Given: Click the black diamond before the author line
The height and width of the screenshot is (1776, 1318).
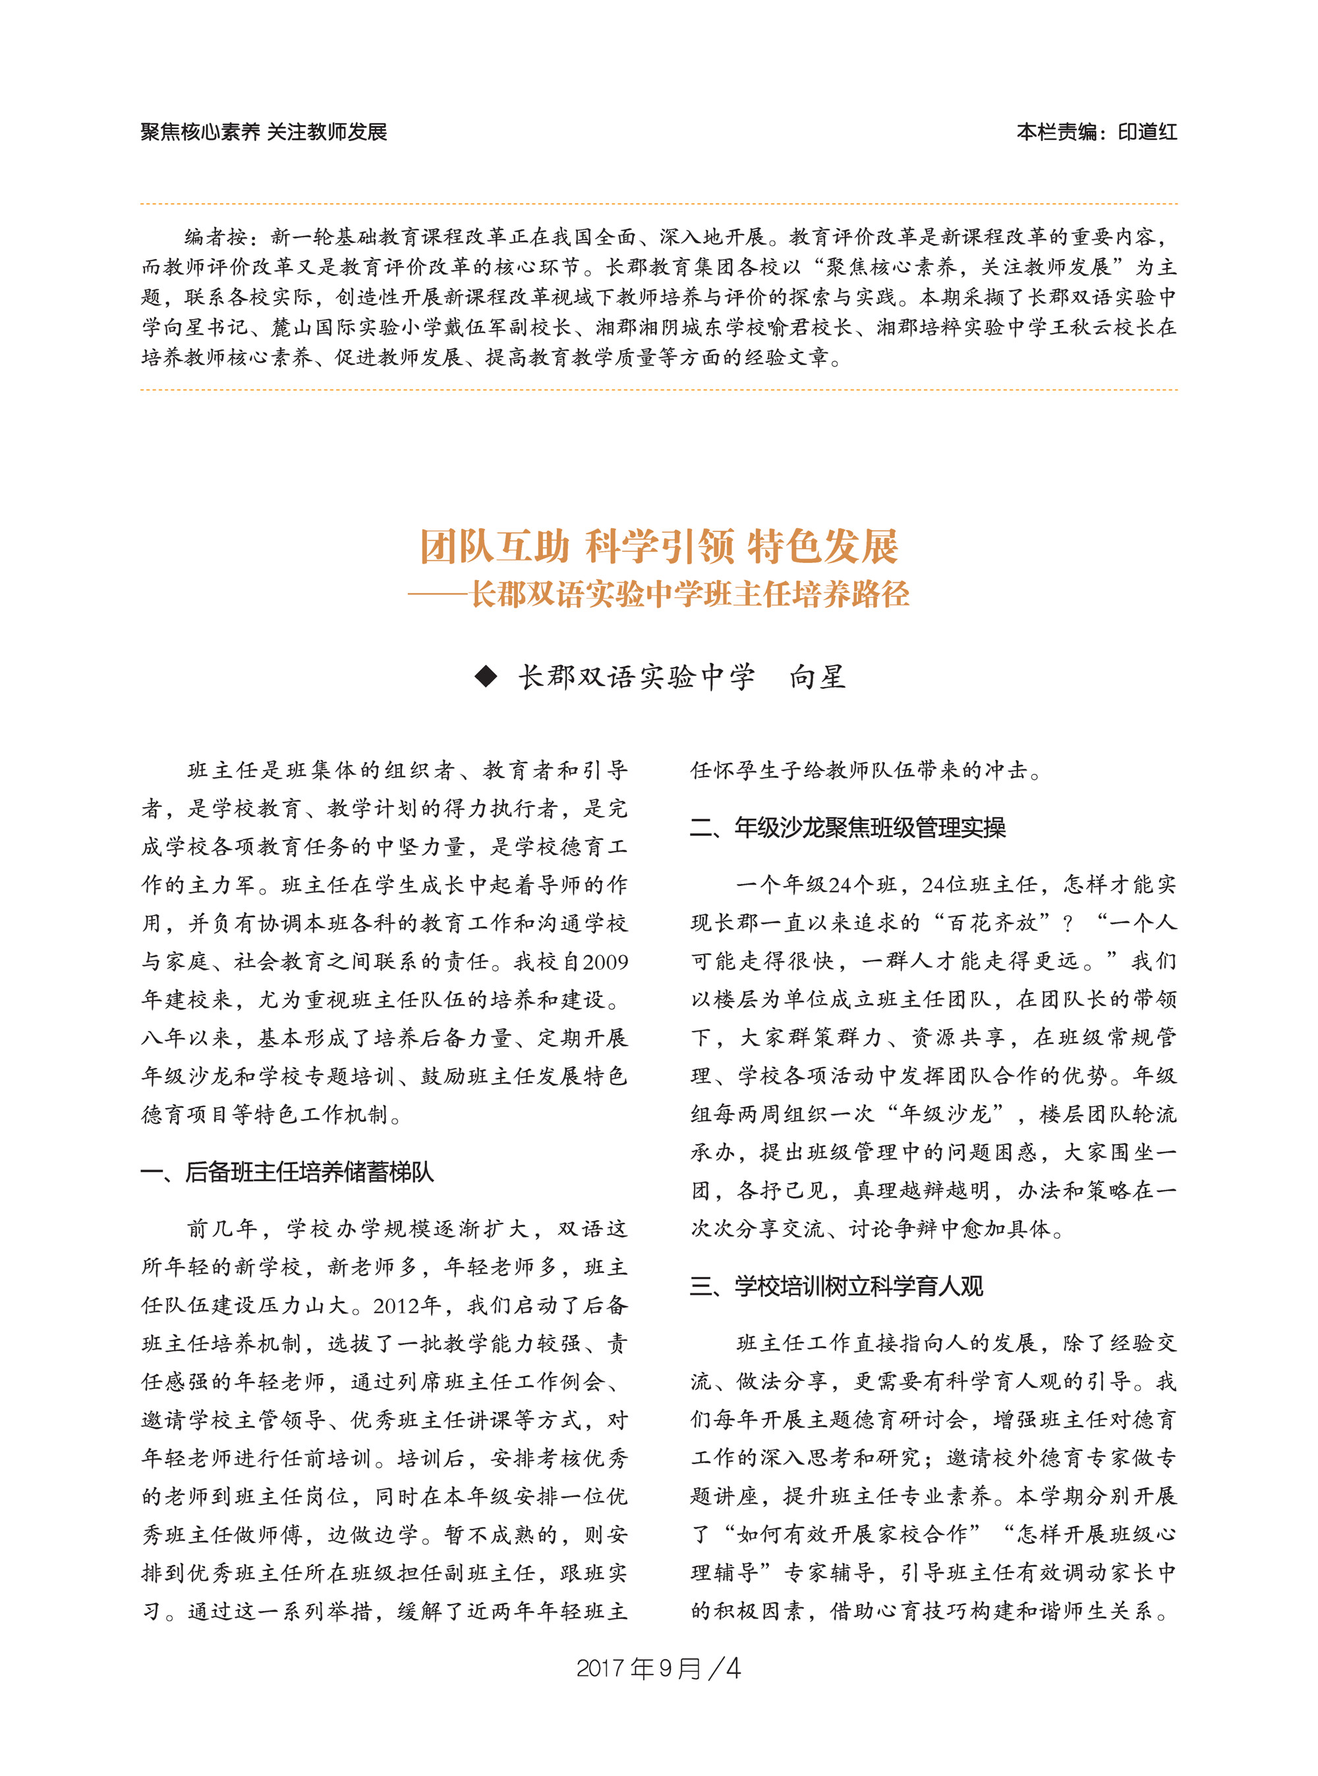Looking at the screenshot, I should (x=485, y=677).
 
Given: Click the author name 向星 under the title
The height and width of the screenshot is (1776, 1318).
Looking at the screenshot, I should (x=817, y=677).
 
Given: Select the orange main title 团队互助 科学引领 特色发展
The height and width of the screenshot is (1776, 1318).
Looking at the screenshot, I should (x=659, y=547).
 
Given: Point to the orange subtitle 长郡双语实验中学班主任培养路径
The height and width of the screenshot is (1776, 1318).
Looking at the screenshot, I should (x=689, y=595).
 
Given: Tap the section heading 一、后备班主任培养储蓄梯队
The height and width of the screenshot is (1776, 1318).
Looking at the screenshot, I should (x=287, y=1171).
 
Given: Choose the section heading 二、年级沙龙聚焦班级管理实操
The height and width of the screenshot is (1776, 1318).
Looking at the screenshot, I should (x=847, y=828).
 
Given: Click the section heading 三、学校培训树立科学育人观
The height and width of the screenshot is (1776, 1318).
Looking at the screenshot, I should (x=836, y=1286).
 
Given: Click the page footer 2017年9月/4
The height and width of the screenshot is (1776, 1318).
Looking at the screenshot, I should (x=658, y=1669).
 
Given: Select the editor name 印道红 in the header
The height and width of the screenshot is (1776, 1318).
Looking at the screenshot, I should (x=1147, y=132).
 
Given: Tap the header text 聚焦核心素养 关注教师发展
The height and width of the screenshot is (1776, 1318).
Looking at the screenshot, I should (x=264, y=132).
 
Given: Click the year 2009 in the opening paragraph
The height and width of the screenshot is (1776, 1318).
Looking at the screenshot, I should (x=605, y=962).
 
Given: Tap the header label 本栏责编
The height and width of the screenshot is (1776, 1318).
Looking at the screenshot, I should (x=1056, y=132).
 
